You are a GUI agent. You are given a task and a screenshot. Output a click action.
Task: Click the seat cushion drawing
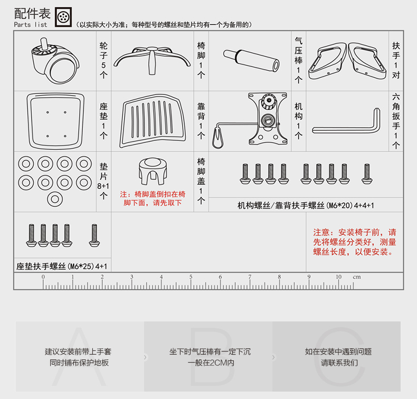click(x=56, y=121)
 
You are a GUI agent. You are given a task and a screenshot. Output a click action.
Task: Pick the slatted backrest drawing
click(x=153, y=121)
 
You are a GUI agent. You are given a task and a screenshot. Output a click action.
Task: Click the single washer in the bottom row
click(x=54, y=199)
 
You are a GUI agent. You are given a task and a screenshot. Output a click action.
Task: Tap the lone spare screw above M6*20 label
click(x=366, y=174)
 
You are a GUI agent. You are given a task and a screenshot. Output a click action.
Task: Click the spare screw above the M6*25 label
click(x=94, y=235)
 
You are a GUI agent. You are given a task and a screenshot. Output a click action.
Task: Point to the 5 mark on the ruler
click(x=191, y=277)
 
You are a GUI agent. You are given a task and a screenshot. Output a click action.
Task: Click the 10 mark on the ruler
click(x=338, y=277)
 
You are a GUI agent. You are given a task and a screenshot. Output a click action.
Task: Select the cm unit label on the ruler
click(x=356, y=277)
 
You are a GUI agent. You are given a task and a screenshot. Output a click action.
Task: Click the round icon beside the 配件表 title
click(x=63, y=16)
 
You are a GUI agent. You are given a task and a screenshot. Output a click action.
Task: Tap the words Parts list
click(x=31, y=25)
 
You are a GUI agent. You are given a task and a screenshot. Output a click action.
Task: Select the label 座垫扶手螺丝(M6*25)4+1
click(x=62, y=267)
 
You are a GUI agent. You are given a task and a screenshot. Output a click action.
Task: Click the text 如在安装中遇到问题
click(x=338, y=351)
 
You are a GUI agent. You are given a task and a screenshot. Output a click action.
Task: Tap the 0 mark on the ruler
click(x=43, y=277)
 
